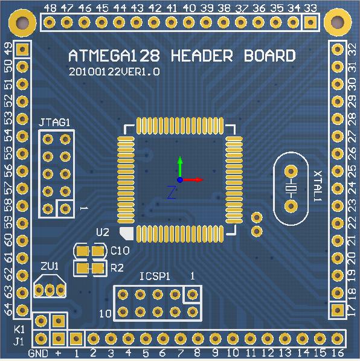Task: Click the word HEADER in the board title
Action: click(x=202, y=56)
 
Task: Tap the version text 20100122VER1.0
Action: click(x=114, y=72)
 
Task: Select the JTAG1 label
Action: click(x=54, y=123)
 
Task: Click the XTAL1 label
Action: click(x=318, y=186)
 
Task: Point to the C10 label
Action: click(x=120, y=251)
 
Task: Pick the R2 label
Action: click(x=117, y=268)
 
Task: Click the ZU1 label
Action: click(x=50, y=266)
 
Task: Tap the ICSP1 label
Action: click(x=155, y=276)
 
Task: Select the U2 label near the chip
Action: click(x=103, y=232)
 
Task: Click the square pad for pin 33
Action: click(x=310, y=22)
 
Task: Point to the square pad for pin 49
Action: click(x=22, y=49)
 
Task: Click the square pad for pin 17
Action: click(x=338, y=310)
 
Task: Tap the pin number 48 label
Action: click(x=50, y=8)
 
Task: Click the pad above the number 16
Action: click(x=338, y=339)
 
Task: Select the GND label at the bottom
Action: click(x=38, y=353)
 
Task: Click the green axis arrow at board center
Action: click(x=180, y=167)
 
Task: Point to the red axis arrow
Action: click(x=191, y=180)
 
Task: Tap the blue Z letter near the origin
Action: click(x=172, y=193)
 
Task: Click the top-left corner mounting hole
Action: click(x=22, y=23)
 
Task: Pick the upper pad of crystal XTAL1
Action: click(x=291, y=171)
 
